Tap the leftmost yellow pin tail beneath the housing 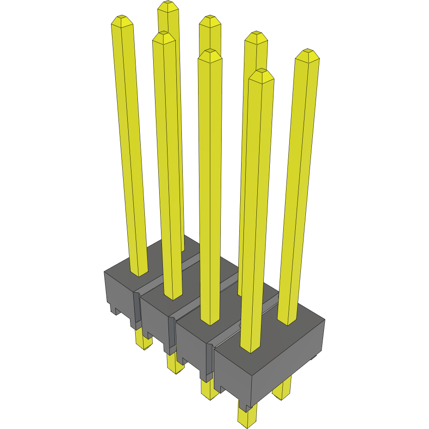pos(143,340)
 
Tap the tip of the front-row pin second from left pos(163,37)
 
